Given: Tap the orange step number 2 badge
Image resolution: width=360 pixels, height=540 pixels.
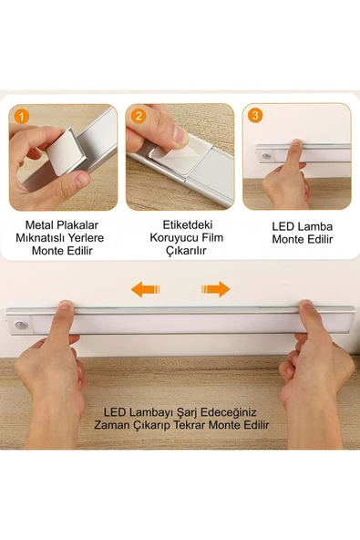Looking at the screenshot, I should [139, 116].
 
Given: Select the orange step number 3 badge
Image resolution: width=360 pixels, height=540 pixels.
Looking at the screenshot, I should [255, 116].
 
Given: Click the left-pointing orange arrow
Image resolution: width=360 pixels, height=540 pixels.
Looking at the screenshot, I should [146, 289].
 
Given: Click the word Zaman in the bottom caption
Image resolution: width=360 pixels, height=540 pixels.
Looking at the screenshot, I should [113, 426].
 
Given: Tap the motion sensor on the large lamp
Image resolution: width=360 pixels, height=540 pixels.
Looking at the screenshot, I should [21, 323].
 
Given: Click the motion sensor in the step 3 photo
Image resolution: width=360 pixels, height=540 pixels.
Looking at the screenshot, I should [267, 157].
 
